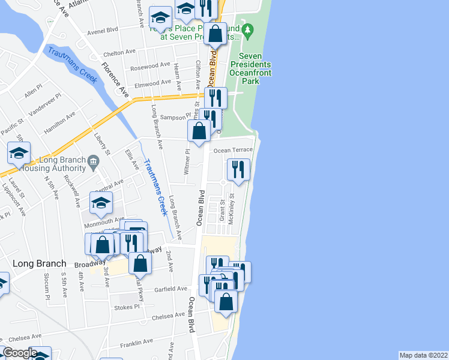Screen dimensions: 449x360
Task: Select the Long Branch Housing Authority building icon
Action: click(94, 160)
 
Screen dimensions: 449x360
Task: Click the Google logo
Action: click(20, 353)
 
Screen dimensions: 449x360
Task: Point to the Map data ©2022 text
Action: click(424, 355)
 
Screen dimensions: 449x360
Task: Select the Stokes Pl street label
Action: click(126, 307)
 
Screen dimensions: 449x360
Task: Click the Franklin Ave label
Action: click(136, 343)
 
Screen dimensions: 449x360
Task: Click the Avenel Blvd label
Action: click(103, 30)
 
